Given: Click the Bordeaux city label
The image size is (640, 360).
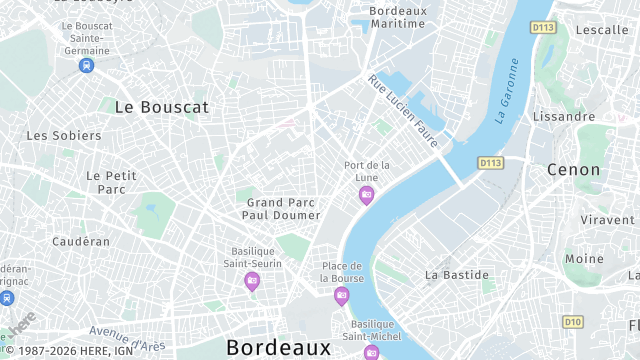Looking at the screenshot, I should click(x=278, y=348).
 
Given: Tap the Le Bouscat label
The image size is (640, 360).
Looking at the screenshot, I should click(x=161, y=106).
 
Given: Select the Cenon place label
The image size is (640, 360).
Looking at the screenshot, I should click(x=574, y=170).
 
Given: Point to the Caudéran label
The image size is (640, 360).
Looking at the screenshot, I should click(x=81, y=241).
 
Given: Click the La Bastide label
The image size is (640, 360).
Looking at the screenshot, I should click(x=457, y=274).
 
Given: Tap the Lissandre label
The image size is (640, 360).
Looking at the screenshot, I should click(x=564, y=117).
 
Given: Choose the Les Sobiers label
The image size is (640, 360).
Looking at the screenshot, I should click(x=63, y=135).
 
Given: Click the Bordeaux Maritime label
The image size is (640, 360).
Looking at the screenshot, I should click(x=384, y=17).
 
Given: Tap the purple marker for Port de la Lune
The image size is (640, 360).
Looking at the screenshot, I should click(x=366, y=195).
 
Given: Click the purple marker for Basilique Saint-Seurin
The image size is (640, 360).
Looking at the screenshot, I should click(x=251, y=281).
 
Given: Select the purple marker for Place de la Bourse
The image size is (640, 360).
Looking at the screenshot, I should click(x=342, y=295).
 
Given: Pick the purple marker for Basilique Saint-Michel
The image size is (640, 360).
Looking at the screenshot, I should click(x=371, y=352).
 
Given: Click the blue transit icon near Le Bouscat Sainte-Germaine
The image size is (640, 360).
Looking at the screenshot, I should click(x=87, y=66).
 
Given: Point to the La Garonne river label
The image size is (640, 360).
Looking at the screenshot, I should click(x=508, y=90).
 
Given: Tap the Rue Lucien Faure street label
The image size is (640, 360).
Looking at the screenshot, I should click(x=402, y=110).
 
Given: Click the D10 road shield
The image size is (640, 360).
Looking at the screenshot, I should click(x=572, y=321).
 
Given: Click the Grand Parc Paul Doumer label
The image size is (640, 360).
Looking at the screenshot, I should click(x=283, y=208).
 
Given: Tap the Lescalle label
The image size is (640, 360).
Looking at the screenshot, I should click(x=602, y=30).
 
